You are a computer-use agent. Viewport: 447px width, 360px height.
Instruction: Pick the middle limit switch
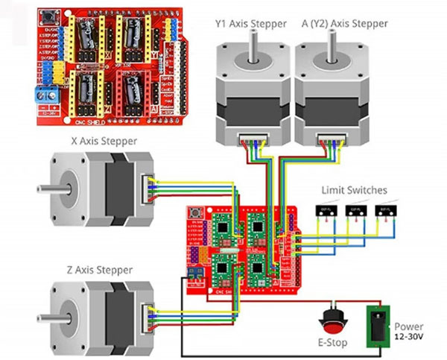tap(353, 213)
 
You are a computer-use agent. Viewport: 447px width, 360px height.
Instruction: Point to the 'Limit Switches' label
tap(354, 190)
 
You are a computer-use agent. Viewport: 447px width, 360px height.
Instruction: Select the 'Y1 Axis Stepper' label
tap(250, 23)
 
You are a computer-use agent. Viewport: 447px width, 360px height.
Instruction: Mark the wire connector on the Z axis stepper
tap(148, 315)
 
